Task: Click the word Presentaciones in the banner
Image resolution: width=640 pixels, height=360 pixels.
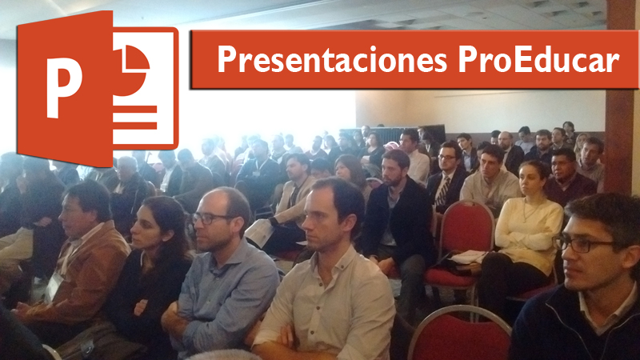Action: pos(332,59)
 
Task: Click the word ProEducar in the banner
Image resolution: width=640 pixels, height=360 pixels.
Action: pos(538,59)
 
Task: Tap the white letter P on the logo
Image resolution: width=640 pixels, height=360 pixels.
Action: pos(64,87)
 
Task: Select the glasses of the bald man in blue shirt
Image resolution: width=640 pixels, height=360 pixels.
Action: pos(210,218)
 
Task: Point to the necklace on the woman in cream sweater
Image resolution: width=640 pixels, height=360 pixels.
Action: pos(530,211)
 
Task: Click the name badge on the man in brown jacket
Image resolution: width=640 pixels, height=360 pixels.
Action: pos(54,286)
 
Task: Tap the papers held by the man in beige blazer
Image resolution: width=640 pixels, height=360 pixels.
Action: pos(258,233)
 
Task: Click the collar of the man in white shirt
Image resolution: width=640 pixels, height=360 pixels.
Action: pos(330,261)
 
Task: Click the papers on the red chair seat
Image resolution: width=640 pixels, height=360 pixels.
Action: pos(468,257)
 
